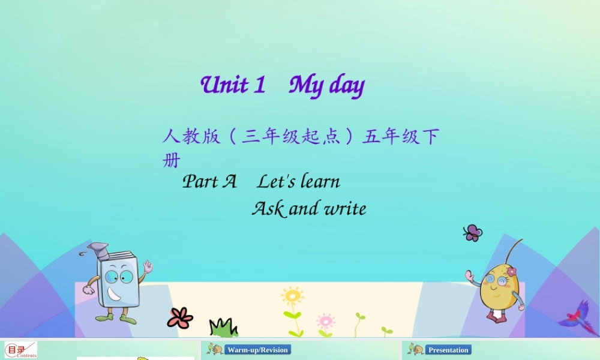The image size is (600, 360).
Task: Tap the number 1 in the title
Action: tap(259, 85)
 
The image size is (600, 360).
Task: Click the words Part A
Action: tap(209, 181)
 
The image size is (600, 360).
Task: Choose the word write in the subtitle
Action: tap(345, 209)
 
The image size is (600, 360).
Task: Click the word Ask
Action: tap(268, 209)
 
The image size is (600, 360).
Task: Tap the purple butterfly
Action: tap(473, 233)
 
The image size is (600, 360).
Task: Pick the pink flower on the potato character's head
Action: tap(511, 271)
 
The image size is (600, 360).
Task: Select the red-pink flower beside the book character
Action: tap(180, 317)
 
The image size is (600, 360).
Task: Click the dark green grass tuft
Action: tap(223, 328)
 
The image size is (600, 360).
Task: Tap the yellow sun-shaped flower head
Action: tap(292, 296)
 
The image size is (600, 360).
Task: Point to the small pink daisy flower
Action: tap(325, 320)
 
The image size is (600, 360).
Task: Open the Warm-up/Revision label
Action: tap(257, 350)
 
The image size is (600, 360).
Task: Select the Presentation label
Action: tap(448, 350)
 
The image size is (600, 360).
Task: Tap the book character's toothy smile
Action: tap(115, 294)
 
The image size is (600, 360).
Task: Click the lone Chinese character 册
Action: tap(171, 161)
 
